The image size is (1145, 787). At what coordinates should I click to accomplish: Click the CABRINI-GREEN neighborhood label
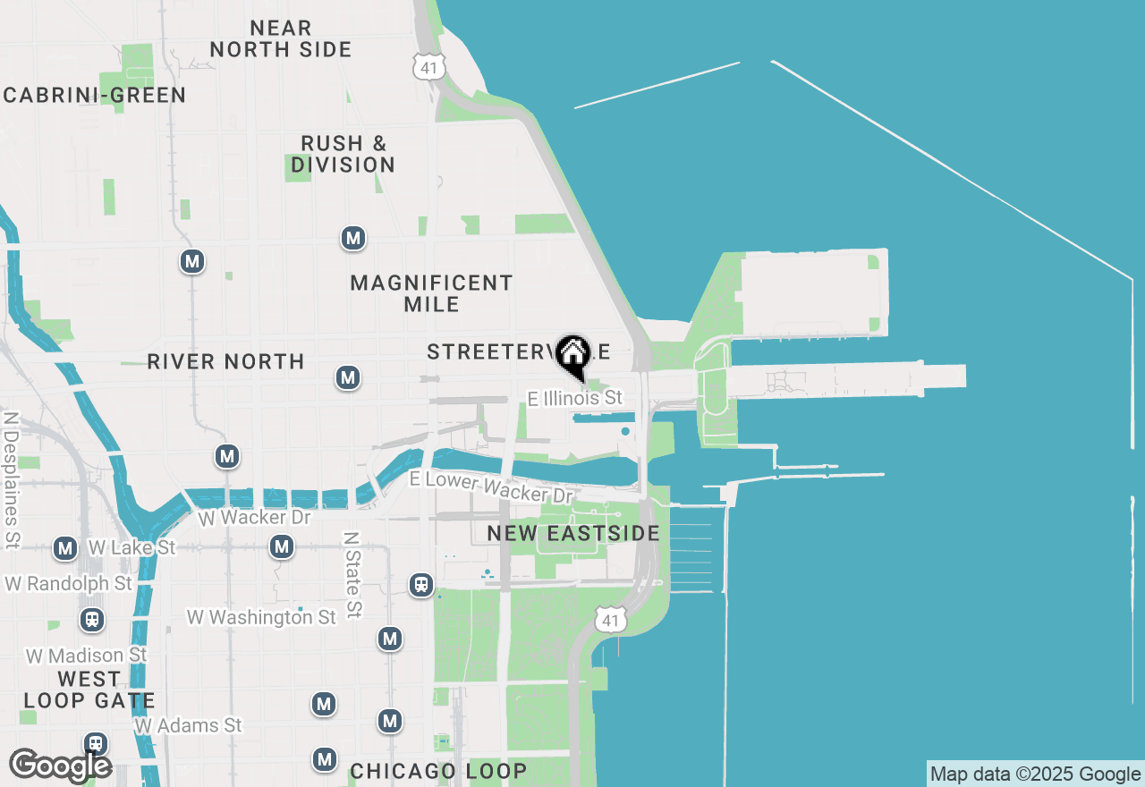pyautogui.click(x=94, y=96)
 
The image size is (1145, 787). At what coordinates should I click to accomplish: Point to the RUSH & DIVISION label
pyautogui.click(x=343, y=154)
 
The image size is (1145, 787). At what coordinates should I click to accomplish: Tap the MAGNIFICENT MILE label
pyautogui.click(x=431, y=293)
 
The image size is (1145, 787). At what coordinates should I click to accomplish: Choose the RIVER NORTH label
pyautogui.click(x=225, y=361)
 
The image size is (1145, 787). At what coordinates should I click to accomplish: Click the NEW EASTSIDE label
pyautogui.click(x=573, y=534)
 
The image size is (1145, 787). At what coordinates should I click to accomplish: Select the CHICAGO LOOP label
pyautogui.click(x=438, y=771)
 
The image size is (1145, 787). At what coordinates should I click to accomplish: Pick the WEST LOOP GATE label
pyautogui.click(x=89, y=690)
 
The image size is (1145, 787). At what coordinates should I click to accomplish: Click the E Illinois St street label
pyautogui.click(x=574, y=398)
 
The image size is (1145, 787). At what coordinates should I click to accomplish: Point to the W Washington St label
pyautogui.click(x=261, y=617)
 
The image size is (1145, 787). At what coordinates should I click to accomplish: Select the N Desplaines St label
pyautogui.click(x=12, y=479)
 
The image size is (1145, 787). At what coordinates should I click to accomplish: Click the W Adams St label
pyautogui.click(x=188, y=725)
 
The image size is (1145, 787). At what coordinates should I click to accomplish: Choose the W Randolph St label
pyautogui.click(x=69, y=583)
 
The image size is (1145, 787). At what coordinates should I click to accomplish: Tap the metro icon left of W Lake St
pyautogui.click(x=64, y=548)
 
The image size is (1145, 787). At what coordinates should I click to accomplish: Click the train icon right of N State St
pyautogui.click(x=420, y=586)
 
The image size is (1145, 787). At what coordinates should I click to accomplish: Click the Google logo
pyautogui.click(x=60, y=766)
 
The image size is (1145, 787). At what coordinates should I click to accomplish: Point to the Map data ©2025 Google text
pyautogui.click(x=1035, y=774)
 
